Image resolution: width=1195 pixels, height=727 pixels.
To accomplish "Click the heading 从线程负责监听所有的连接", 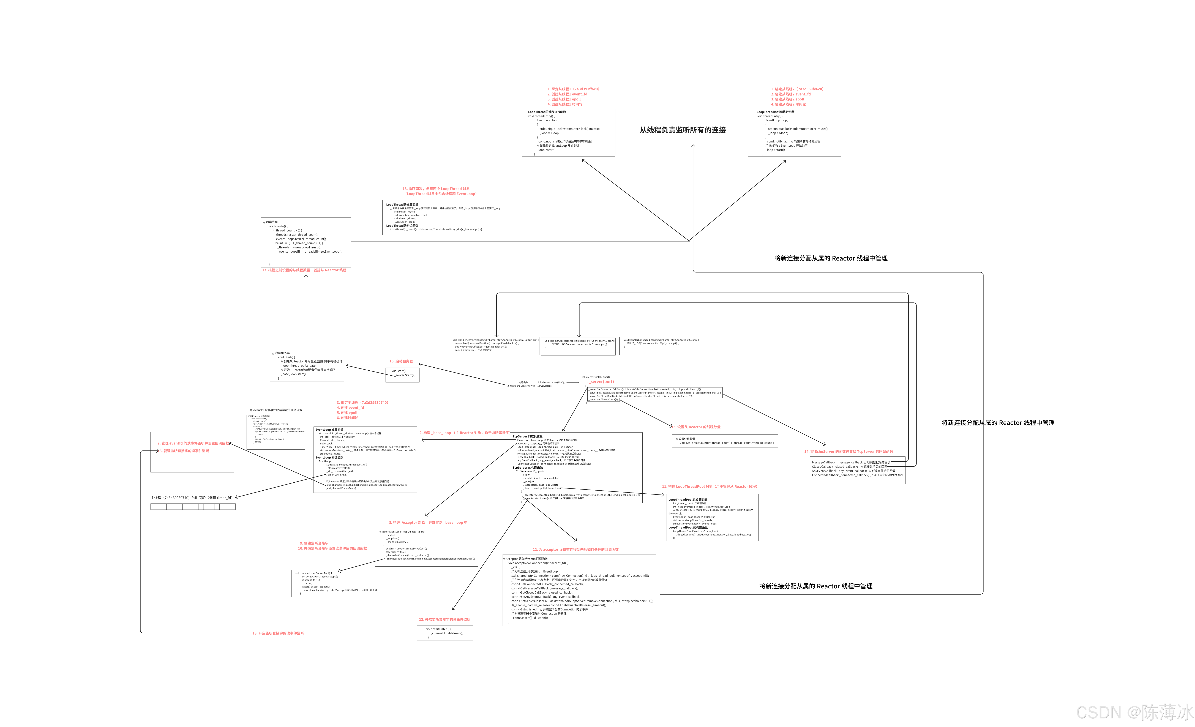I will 682,130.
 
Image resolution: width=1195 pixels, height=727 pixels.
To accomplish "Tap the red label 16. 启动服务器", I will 401,361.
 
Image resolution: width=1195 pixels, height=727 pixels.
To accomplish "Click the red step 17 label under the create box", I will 304,270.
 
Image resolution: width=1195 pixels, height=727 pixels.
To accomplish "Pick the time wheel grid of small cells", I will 193,506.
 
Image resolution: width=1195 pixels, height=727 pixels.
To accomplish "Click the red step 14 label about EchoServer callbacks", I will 848,452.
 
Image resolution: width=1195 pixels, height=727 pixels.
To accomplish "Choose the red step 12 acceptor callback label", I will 576,550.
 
